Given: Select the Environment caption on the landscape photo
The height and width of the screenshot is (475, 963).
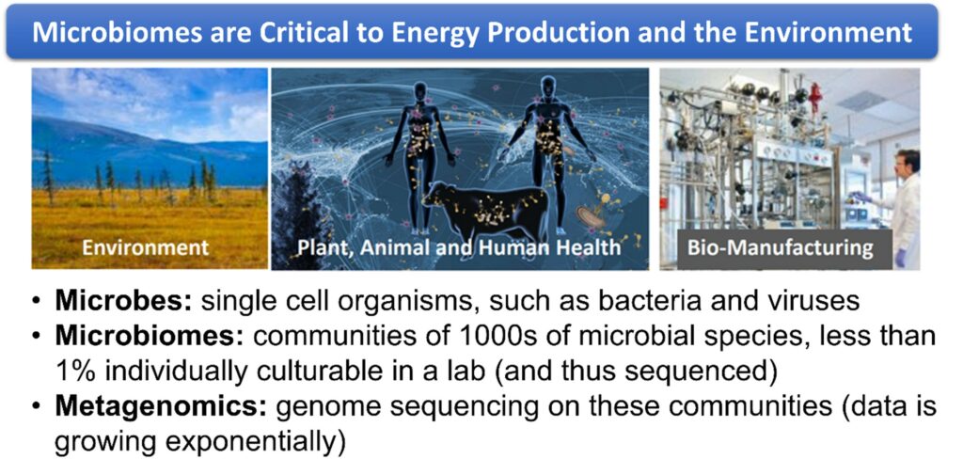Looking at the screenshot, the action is (x=146, y=247).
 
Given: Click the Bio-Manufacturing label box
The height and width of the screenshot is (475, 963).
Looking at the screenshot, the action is (x=780, y=248).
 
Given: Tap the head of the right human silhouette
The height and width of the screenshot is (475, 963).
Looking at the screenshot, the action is (x=548, y=87).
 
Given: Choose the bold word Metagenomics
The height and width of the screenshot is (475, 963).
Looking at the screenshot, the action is (x=162, y=408).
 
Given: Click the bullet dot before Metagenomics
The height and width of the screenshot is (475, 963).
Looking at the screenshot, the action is (x=38, y=408).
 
